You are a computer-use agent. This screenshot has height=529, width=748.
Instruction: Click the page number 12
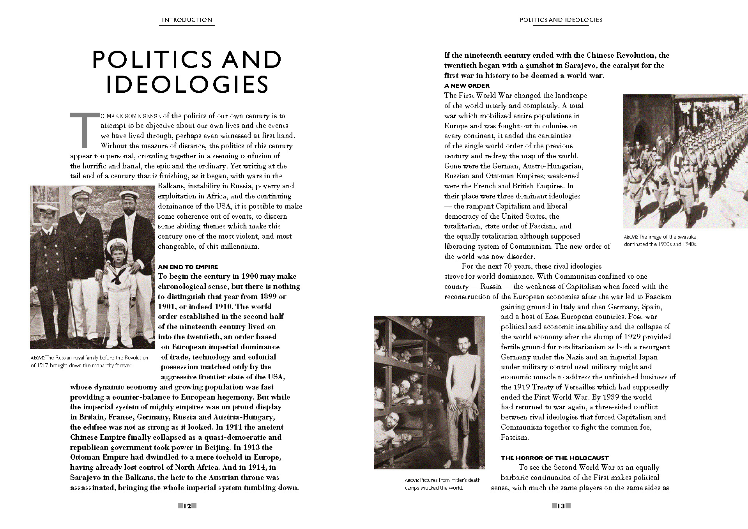pos(187,506)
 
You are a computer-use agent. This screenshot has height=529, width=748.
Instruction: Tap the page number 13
pos(561,506)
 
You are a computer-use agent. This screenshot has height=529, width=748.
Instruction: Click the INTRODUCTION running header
pos(187,20)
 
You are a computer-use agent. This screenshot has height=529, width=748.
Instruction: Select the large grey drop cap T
pos(84,130)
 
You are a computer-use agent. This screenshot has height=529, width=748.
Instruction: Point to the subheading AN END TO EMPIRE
pos(188,267)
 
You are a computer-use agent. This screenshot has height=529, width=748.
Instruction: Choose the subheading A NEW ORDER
pos(467,86)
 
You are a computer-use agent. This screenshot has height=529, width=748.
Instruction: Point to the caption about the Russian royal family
pos(89,361)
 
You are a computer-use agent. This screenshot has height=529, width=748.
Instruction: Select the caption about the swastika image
pos(660,241)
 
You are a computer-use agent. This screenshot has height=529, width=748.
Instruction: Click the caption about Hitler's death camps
pos(442,484)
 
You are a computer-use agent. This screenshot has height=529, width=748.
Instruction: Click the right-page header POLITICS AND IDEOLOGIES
pos(561,20)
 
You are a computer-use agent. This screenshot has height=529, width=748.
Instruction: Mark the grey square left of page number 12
pos(180,506)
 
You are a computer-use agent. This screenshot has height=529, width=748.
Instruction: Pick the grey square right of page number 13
pos(568,506)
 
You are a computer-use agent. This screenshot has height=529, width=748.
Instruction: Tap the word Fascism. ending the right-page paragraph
pos(515,437)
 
